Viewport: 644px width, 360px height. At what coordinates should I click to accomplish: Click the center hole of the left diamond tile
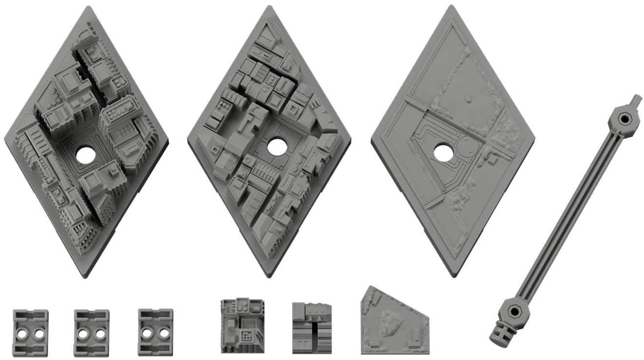(86, 155)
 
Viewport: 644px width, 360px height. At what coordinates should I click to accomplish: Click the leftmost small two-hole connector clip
(30, 333)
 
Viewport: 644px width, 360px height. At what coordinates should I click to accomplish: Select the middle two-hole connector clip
(91, 333)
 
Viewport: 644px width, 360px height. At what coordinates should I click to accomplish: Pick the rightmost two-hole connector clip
(155, 332)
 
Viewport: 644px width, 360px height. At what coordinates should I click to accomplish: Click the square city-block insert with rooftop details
(242, 325)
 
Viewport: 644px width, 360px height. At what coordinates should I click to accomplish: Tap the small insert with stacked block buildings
(312, 328)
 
